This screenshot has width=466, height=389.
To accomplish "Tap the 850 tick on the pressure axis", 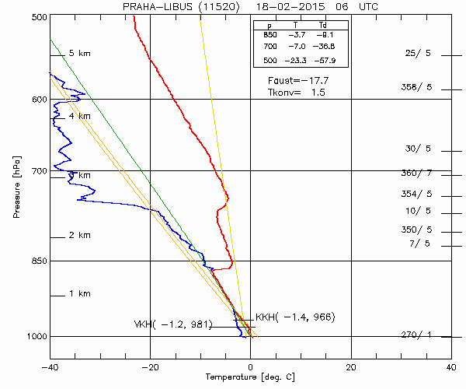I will (x=37, y=261).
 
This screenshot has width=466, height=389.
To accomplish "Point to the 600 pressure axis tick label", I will (x=37, y=100).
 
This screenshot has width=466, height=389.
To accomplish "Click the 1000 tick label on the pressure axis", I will (x=35, y=337).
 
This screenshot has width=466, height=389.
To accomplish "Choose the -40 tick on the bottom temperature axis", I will (x=50, y=366).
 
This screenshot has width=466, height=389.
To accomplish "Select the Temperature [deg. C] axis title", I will (x=250, y=377).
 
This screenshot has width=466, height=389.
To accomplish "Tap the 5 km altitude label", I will (x=80, y=53).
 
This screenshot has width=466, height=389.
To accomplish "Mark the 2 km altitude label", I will (x=80, y=235).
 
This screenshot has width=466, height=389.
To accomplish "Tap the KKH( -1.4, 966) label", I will (x=295, y=317).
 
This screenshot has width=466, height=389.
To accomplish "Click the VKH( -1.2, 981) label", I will (x=173, y=324).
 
